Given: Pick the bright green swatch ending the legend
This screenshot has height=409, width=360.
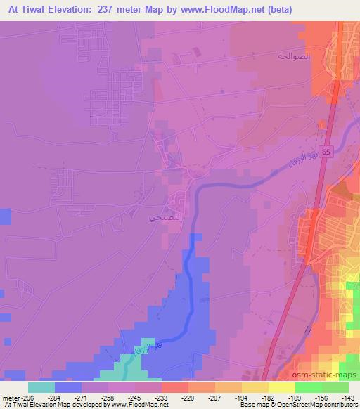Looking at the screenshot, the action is pos(335,387).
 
